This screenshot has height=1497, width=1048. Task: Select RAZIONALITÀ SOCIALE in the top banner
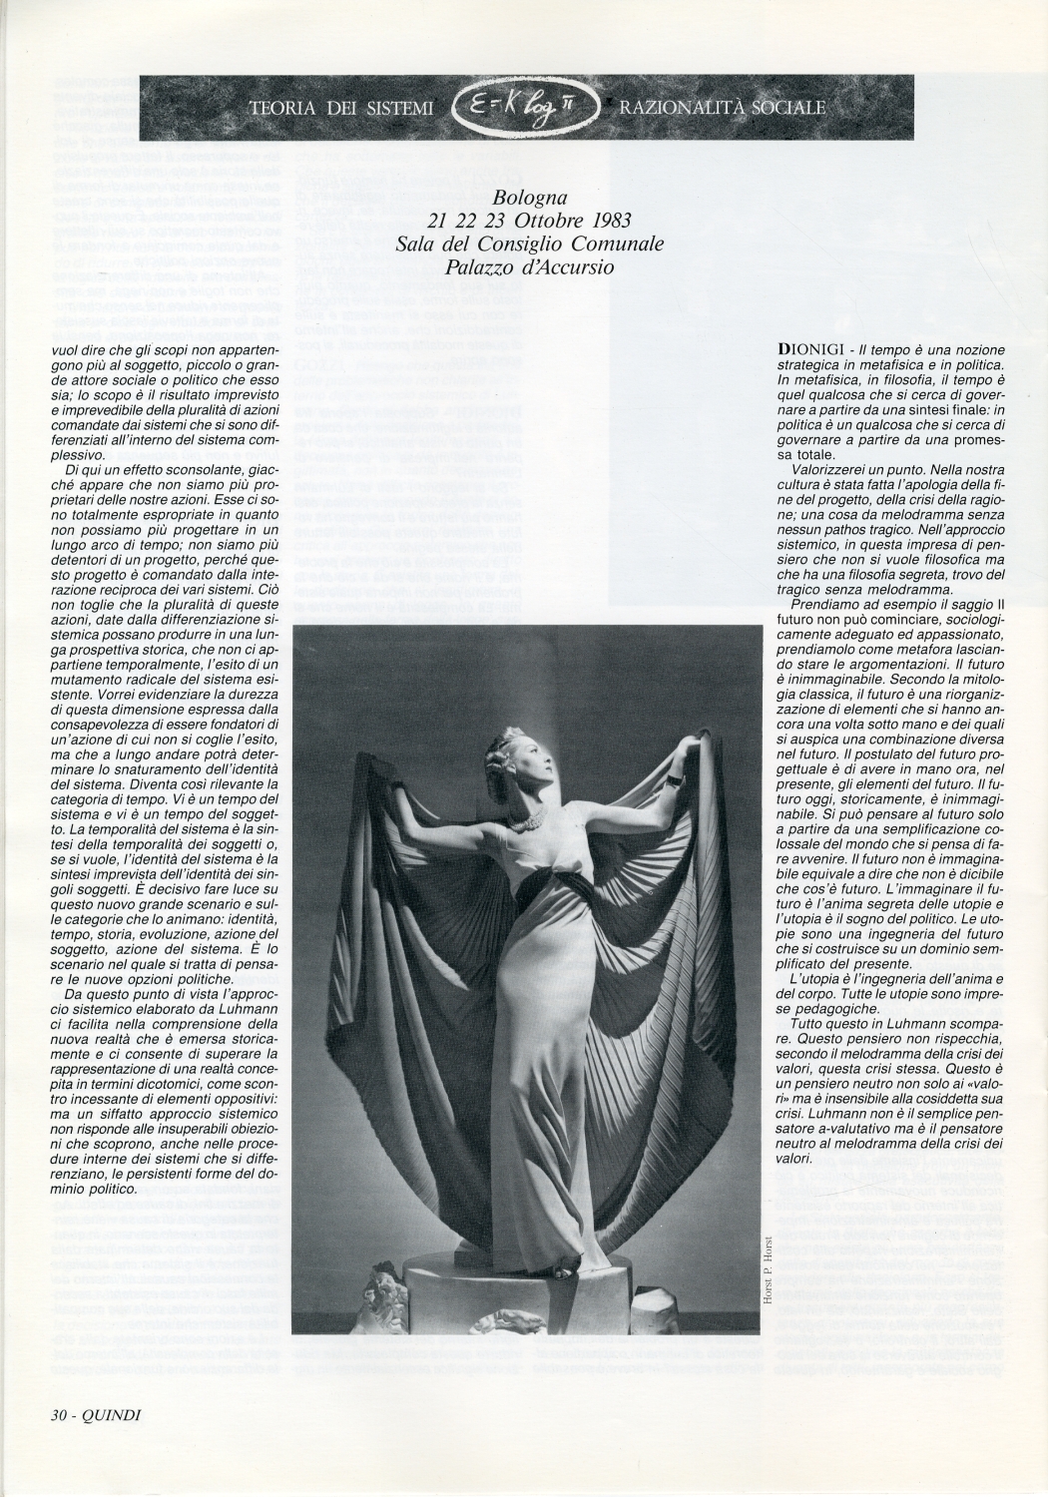point(723,107)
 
